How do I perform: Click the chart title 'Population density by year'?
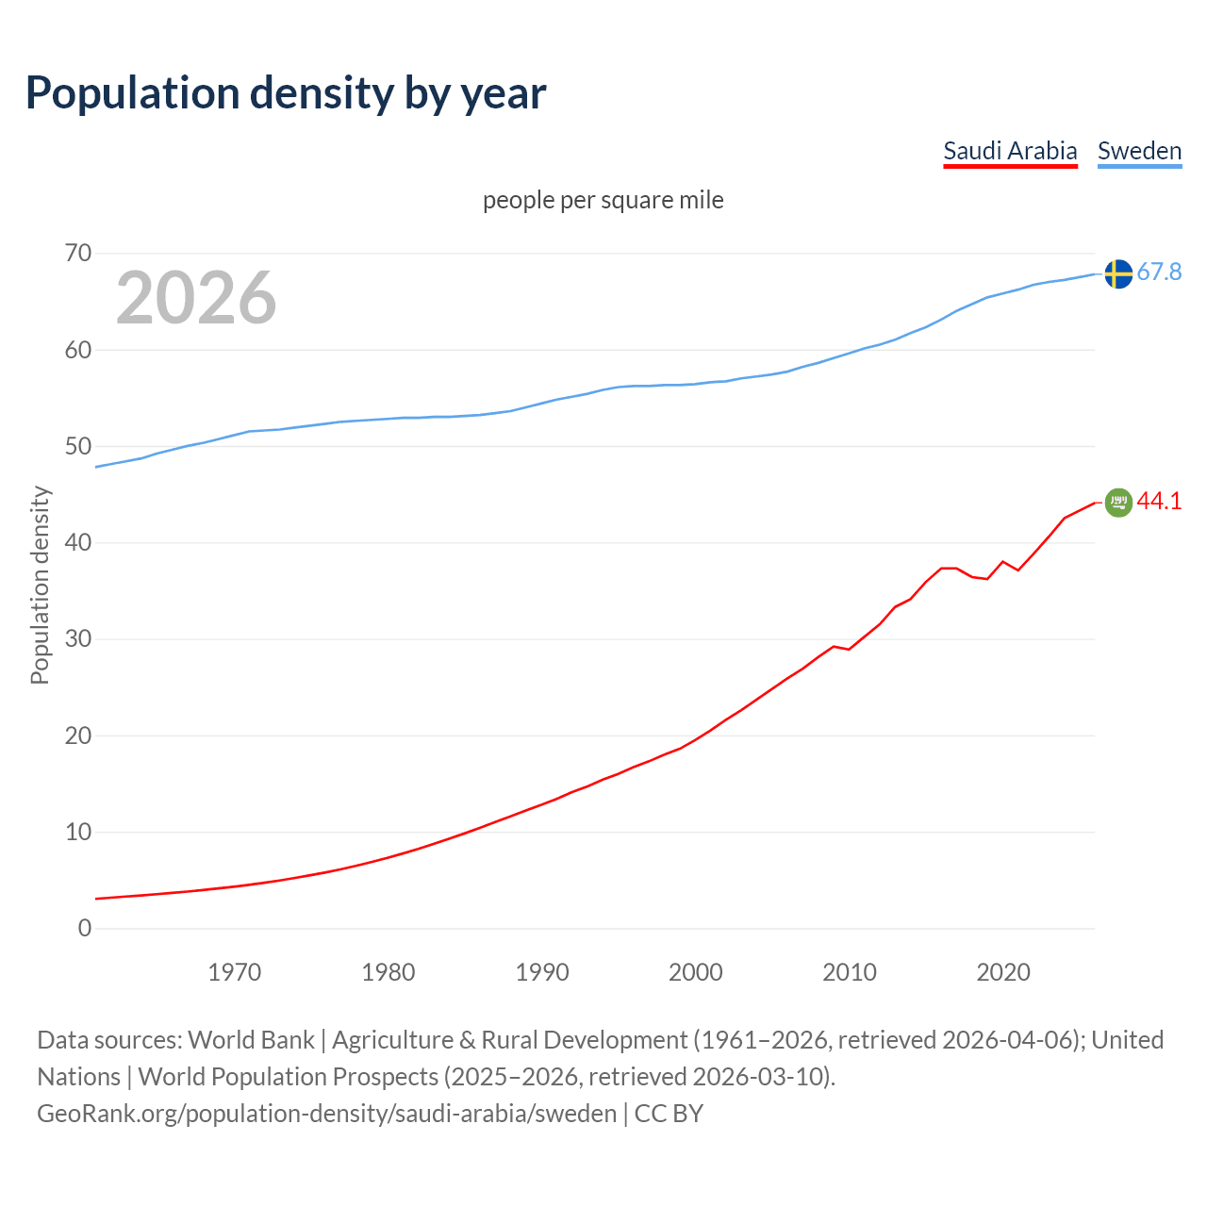click(x=286, y=93)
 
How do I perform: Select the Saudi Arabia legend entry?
click(x=1010, y=151)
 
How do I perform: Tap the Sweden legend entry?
click(x=1139, y=151)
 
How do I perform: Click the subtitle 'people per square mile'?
click(x=603, y=200)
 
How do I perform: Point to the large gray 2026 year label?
click(x=196, y=298)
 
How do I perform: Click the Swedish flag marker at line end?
click(x=1118, y=273)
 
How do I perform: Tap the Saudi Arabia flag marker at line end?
click(x=1118, y=503)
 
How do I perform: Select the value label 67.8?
click(x=1159, y=273)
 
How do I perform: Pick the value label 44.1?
click(x=1159, y=502)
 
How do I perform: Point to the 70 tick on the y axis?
click(x=78, y=253)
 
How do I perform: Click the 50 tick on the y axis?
click(x=78, y=446)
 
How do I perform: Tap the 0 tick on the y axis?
click(x=85, y=928)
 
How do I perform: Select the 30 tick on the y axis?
click(x=78, y=639)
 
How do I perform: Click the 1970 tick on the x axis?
click(x=235, y=972)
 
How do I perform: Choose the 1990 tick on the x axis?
click(x=542, y=972)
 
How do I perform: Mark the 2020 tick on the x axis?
click(x=1003, y=972)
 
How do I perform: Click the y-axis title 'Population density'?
click(x=40, y=585)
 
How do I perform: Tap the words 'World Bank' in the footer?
click(x=251, y=1040)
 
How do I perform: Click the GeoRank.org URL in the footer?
click(x=326, y=1114)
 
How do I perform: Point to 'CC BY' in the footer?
click(x=669, y=1114)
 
